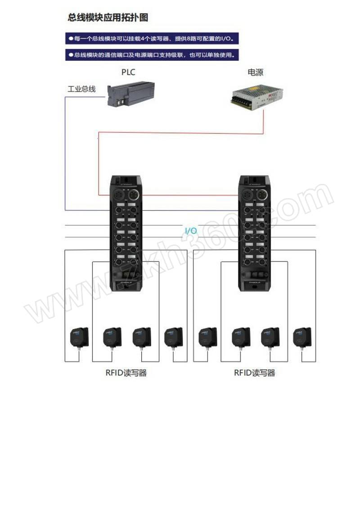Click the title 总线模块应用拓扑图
pyautogui.click(x=108, y=18)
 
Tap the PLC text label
pyautogui.click(x=128, y=72)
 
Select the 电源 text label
pyautogui.click(x=255, y=72)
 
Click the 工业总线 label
pyautogui.click(x=81, y=89)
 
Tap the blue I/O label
pyautogui.click(x=191, y=231)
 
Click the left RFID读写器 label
pyautogui.click(x=126, y=373)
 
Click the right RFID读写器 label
pyautogui.click(x=254, y=373)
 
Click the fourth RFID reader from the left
pyautogui.click(x=173, y=337)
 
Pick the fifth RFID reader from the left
pyautogui.click(x=207, y=337)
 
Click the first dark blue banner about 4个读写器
pyautogui.click(x=152, y=39)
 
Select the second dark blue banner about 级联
pyautogui.click(x=152, y=55)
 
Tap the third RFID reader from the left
pyautogui.click(x=142, y=337)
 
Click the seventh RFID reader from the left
pyautogui.click(x=270, y=337)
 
